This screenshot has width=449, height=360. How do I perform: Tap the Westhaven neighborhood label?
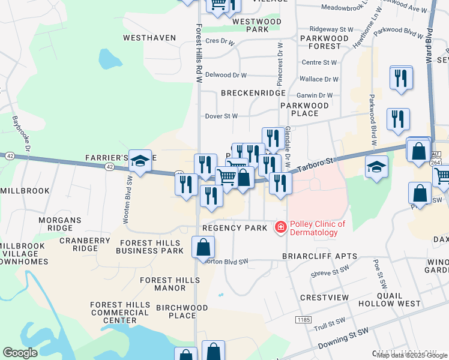pos(149,38)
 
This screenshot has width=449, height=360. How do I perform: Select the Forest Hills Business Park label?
pos(151,247)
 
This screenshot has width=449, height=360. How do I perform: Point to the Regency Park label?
pos(234,228)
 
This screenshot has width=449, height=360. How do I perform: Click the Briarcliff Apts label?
pos(320,256)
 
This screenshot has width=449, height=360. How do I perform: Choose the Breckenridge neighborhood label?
pos(253,94)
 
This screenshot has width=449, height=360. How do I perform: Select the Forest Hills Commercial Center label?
pos(120,313)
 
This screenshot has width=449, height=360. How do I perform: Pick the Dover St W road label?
pos(221,116)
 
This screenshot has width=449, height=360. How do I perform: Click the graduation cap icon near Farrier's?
pos(140,161)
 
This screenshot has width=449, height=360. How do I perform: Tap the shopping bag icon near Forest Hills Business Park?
pos(203,247)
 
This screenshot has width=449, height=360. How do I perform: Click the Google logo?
pos(20,353)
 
